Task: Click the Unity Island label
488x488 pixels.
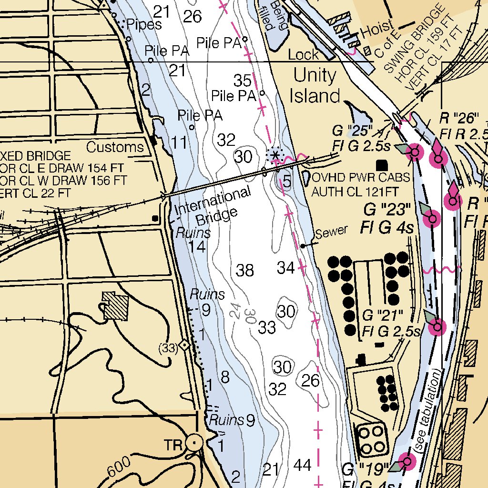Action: pos(315,86)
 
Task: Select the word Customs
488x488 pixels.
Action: pos(115,147)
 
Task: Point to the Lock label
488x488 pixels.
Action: pos(303,55)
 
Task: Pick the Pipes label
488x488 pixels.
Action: pos(144,25)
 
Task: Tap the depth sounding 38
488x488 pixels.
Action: pos(245,270)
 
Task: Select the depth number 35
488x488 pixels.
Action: pos(243,80)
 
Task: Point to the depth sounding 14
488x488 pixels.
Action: pos(197,247)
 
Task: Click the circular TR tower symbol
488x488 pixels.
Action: pos(194,443)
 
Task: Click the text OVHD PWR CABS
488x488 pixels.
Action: pos(361,178)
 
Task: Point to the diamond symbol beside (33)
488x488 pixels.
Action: pos(185,346)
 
